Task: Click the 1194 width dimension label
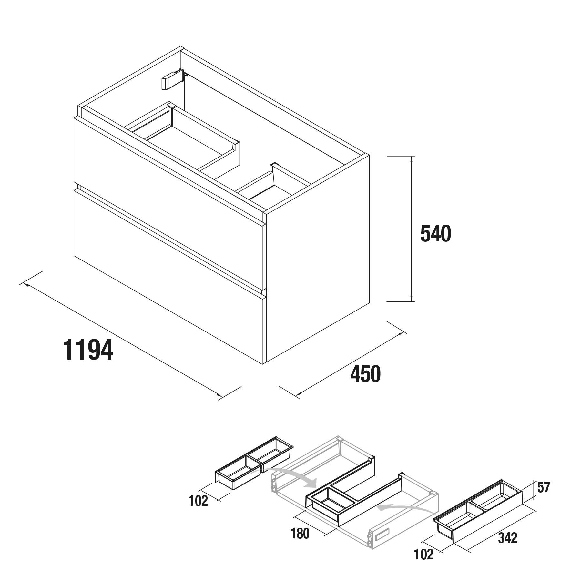pyautogui.click(x=88, y=350)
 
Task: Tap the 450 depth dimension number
pyautogui.click(x=365, y=374)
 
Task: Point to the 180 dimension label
pyautogui.click(x=300, y=534)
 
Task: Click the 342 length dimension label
pyautogui.click(x=508, y=538)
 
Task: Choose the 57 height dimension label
pyautogui.click(x=544, y=487)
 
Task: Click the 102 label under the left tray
pyautogui.click(x=198, y=501)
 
